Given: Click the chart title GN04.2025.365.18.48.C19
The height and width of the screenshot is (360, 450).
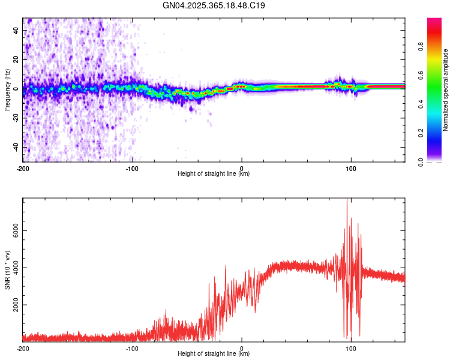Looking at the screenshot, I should (214, 5).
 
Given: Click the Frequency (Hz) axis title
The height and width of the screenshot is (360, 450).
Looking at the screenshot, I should (7, 90).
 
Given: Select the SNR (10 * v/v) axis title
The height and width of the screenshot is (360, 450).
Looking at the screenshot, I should (7, 270).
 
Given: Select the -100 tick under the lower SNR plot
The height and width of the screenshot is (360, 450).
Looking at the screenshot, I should (132, 348).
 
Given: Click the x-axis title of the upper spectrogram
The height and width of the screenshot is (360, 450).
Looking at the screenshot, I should (214, 174).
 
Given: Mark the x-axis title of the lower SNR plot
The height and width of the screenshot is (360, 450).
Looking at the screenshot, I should (214, 354).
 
